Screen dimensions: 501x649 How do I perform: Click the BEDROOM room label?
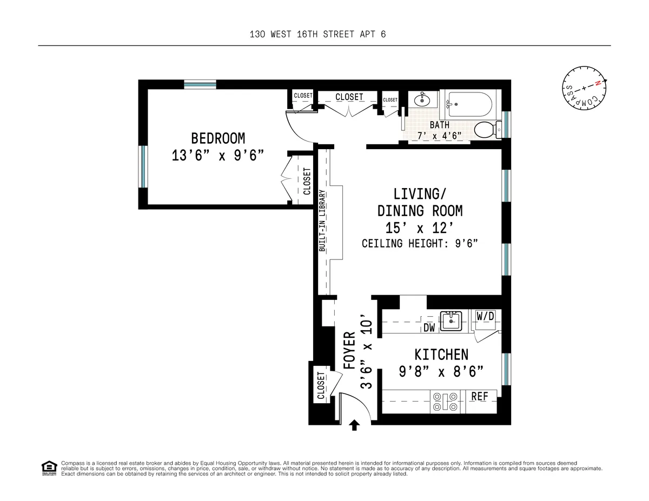pos(218,138)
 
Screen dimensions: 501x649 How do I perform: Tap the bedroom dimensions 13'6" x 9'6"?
pos(218,156)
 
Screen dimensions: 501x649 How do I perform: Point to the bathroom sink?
pos(421,100)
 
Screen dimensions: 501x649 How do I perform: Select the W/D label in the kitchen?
pos(485,316)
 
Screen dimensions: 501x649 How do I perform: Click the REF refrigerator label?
pos(479,397)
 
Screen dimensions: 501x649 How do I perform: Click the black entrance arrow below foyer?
pos(354,425)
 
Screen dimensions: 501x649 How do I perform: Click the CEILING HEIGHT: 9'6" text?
pos(420,244)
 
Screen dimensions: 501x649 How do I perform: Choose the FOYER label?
pos(349,350)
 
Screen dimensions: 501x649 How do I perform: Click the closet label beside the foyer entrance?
pos(321,386)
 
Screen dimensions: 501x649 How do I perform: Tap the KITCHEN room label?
pos(441,355)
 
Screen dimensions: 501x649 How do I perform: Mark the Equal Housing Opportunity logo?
pos(49,467)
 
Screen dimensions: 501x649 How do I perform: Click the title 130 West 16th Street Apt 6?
pos(317,35)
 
